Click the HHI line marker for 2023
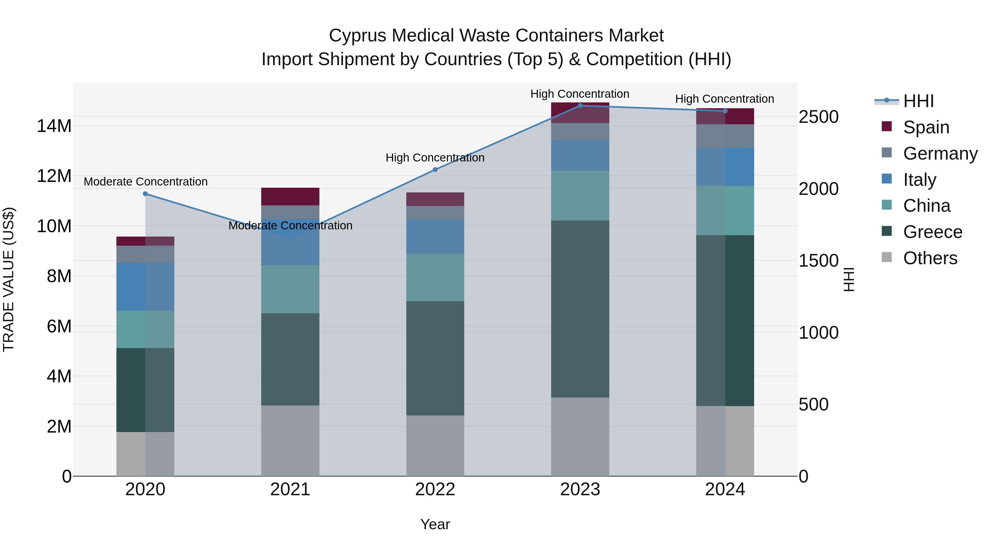point(580,106)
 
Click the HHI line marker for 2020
point(145,194)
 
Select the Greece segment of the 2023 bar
point(580,309)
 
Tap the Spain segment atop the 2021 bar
point(290,196)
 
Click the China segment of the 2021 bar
point(290,289)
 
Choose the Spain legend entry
point(926,127)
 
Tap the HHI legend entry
point(918,101)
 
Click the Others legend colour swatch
point(887,257)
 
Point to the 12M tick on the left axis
point(54,176)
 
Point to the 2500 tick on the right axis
point(818,116)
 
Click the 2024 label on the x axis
point(725,489)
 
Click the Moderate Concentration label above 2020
point(145,182)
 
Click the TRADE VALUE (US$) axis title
point(9,279)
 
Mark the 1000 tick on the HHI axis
point(818,333)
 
